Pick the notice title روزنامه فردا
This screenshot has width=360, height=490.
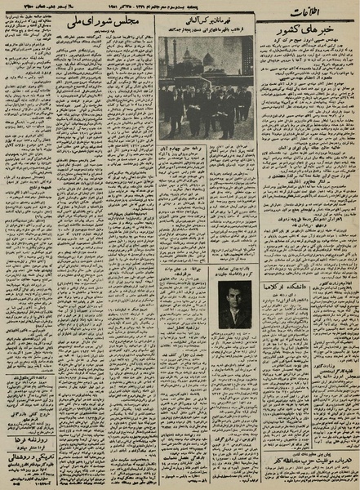[x=29, y=439]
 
